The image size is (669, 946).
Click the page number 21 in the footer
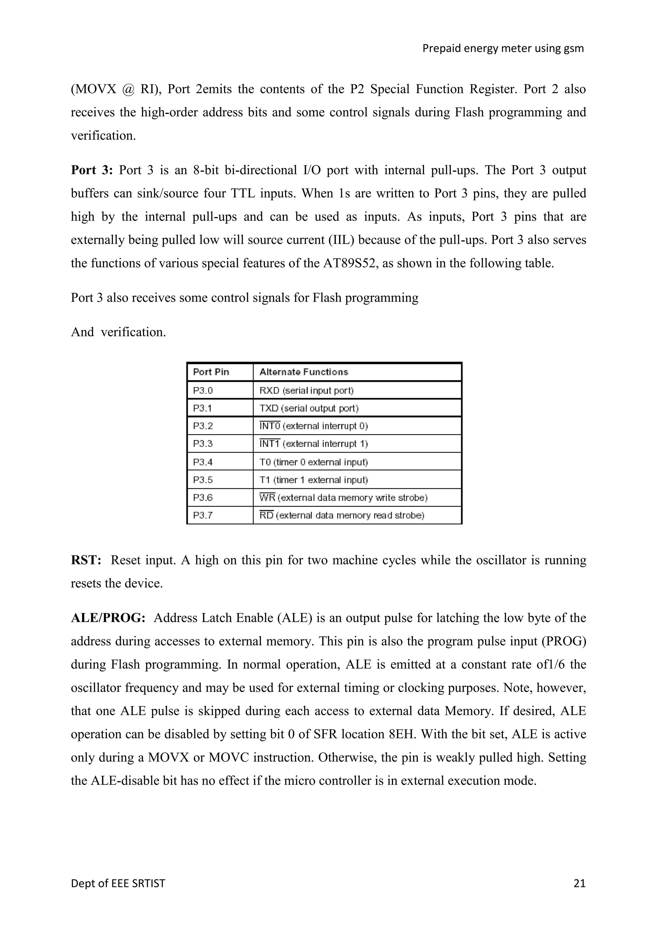click(579, 883)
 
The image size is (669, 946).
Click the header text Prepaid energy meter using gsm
click(503, 49)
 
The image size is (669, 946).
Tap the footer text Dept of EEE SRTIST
click(118, 883)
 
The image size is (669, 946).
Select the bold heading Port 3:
click(91, 170)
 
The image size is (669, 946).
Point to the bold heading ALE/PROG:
click(108, 618)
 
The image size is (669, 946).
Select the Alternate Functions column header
click(303, 372)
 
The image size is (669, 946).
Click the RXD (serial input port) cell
click(306, 390)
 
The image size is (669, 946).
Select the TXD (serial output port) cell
click(309, 408)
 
